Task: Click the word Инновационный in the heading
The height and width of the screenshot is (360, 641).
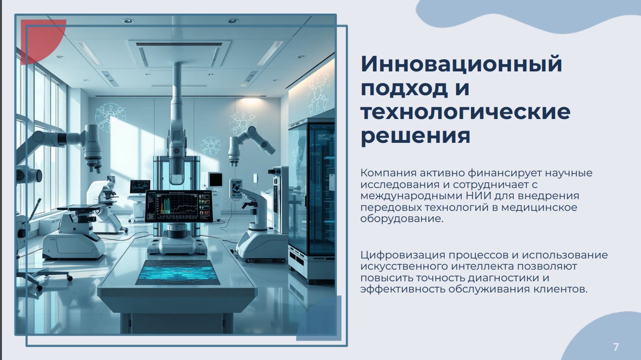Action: coord(461,65)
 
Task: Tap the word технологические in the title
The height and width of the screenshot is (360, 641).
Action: coord(465,112)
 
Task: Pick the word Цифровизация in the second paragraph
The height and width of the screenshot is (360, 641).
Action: coord(403,256)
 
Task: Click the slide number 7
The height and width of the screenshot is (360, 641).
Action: coord(616,347)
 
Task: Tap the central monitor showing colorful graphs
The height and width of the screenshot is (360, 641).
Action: coord(179,206)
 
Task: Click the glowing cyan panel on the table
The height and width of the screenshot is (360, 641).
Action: coord(178,273)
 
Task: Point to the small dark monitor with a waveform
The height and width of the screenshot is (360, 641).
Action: coord(140,187)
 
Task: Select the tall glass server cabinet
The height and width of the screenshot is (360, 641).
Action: coord(311,198)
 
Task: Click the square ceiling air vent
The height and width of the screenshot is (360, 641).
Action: coord(179,54)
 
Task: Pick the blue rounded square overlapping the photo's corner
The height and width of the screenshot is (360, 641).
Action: coord(319,318)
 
